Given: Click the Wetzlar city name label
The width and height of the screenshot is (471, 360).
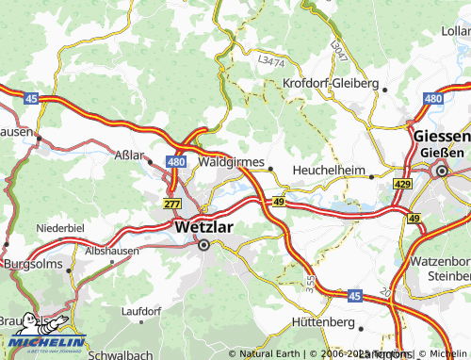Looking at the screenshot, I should click(203, 226).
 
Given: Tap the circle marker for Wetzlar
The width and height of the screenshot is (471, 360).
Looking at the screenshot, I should click(203, 244).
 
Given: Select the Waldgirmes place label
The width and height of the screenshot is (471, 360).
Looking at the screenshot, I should click(233, 162).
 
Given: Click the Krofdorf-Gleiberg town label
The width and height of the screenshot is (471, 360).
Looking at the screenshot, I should click(335, 82).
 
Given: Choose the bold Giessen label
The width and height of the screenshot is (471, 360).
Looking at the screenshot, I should click(442, 136).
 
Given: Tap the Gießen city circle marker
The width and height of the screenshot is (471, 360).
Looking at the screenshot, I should click(440, 171).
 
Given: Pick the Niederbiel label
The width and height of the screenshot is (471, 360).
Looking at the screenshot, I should click(60, 228).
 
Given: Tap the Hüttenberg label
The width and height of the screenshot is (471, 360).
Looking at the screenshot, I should click(323, 321).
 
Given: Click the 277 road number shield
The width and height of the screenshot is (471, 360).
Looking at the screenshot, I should click(171, 204).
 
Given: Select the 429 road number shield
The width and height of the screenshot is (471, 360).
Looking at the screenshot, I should click(403, 184).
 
